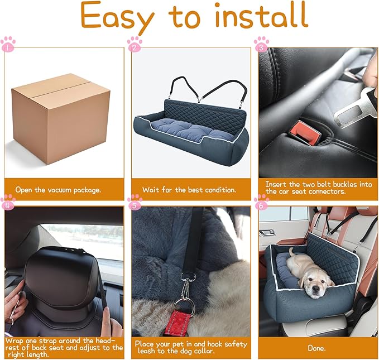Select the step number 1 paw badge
point(8,44)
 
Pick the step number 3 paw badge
point(261,44)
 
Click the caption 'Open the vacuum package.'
point(58,189)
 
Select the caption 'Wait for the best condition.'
point(189,189)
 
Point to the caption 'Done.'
point(316,348)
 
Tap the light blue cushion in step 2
point(187,126)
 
